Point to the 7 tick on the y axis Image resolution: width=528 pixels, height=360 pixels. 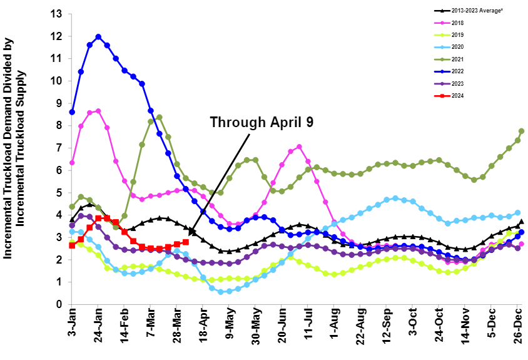(58, 148)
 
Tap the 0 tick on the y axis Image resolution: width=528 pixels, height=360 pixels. (58, 304)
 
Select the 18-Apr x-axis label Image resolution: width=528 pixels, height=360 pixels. (204, 325)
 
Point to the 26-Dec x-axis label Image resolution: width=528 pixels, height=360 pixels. (519, 325)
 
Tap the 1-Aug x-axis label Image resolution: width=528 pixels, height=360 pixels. (335, 325)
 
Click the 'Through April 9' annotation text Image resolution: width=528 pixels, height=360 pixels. (262, 121)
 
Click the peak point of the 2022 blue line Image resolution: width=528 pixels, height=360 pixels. (98, 37)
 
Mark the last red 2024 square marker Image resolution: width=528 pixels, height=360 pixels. (186, 242)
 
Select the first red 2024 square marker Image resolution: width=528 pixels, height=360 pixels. (72, 245)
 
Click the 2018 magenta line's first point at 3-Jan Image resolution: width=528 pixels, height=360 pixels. (72, 163)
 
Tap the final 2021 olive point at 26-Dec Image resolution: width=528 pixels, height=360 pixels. (521, 131)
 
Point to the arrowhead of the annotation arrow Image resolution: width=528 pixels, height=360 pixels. (190, 234)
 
